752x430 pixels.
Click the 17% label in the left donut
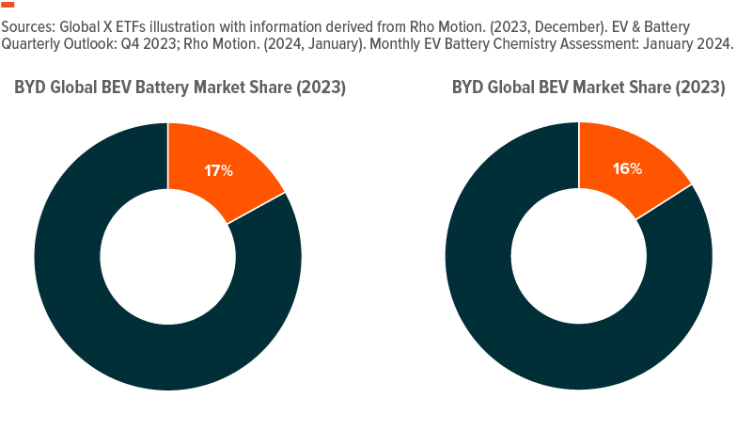pos(218,171)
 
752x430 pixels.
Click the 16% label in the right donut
pos(628,169)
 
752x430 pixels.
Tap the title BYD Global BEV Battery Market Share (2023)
pos(180,88)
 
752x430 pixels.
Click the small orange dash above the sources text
pos(8,5)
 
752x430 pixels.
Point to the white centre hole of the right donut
pos(578,256)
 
